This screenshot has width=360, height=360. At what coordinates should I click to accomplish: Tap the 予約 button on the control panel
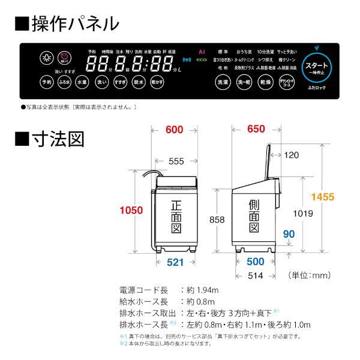point(46,82)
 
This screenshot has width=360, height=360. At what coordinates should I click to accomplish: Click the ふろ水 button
point(65,82)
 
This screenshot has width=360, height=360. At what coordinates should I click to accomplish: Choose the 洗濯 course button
point(223,82)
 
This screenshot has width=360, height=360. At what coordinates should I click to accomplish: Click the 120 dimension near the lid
point(292,155)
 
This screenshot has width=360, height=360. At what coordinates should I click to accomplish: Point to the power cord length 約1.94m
point(202,289)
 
